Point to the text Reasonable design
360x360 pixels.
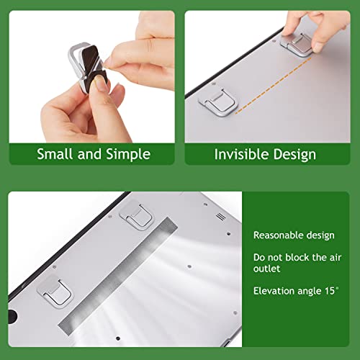coord(293,235)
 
